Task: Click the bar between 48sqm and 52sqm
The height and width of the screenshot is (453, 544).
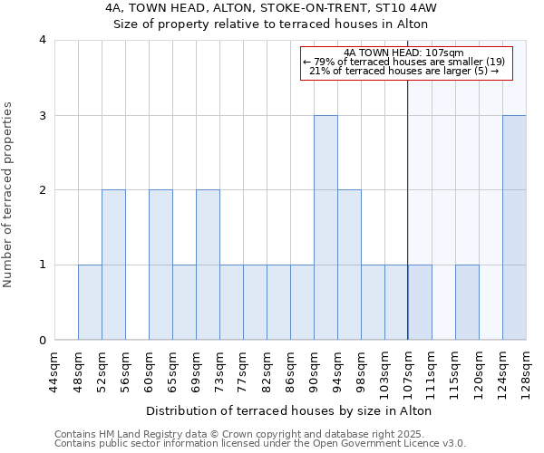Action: coord(90,303)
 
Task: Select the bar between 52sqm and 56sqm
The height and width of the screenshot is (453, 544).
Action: coord(113,265)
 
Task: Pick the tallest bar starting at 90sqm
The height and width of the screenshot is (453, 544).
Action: coord(325,227)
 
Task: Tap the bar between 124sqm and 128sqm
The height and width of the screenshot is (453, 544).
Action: coord(514,227)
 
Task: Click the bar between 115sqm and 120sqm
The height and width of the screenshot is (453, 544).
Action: coord(467,303)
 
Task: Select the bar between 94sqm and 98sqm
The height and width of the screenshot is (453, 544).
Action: coord(349,265)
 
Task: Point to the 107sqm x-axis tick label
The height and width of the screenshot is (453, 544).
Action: coord(408,371)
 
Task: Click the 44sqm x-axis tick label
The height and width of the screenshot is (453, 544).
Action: coord(54,371)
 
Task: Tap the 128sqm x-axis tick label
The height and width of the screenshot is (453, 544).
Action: coord(526,371)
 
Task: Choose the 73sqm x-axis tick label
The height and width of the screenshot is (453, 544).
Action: coord(219,371)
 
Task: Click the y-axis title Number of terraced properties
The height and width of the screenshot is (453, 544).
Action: coord(9,195)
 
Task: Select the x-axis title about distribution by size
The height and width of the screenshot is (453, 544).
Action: coord(288,410)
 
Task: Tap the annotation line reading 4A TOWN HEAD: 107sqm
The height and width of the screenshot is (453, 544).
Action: coord(404,53)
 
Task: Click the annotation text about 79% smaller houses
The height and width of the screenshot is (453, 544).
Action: coord(404,62)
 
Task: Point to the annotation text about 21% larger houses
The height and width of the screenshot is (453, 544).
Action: coord(404,71)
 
